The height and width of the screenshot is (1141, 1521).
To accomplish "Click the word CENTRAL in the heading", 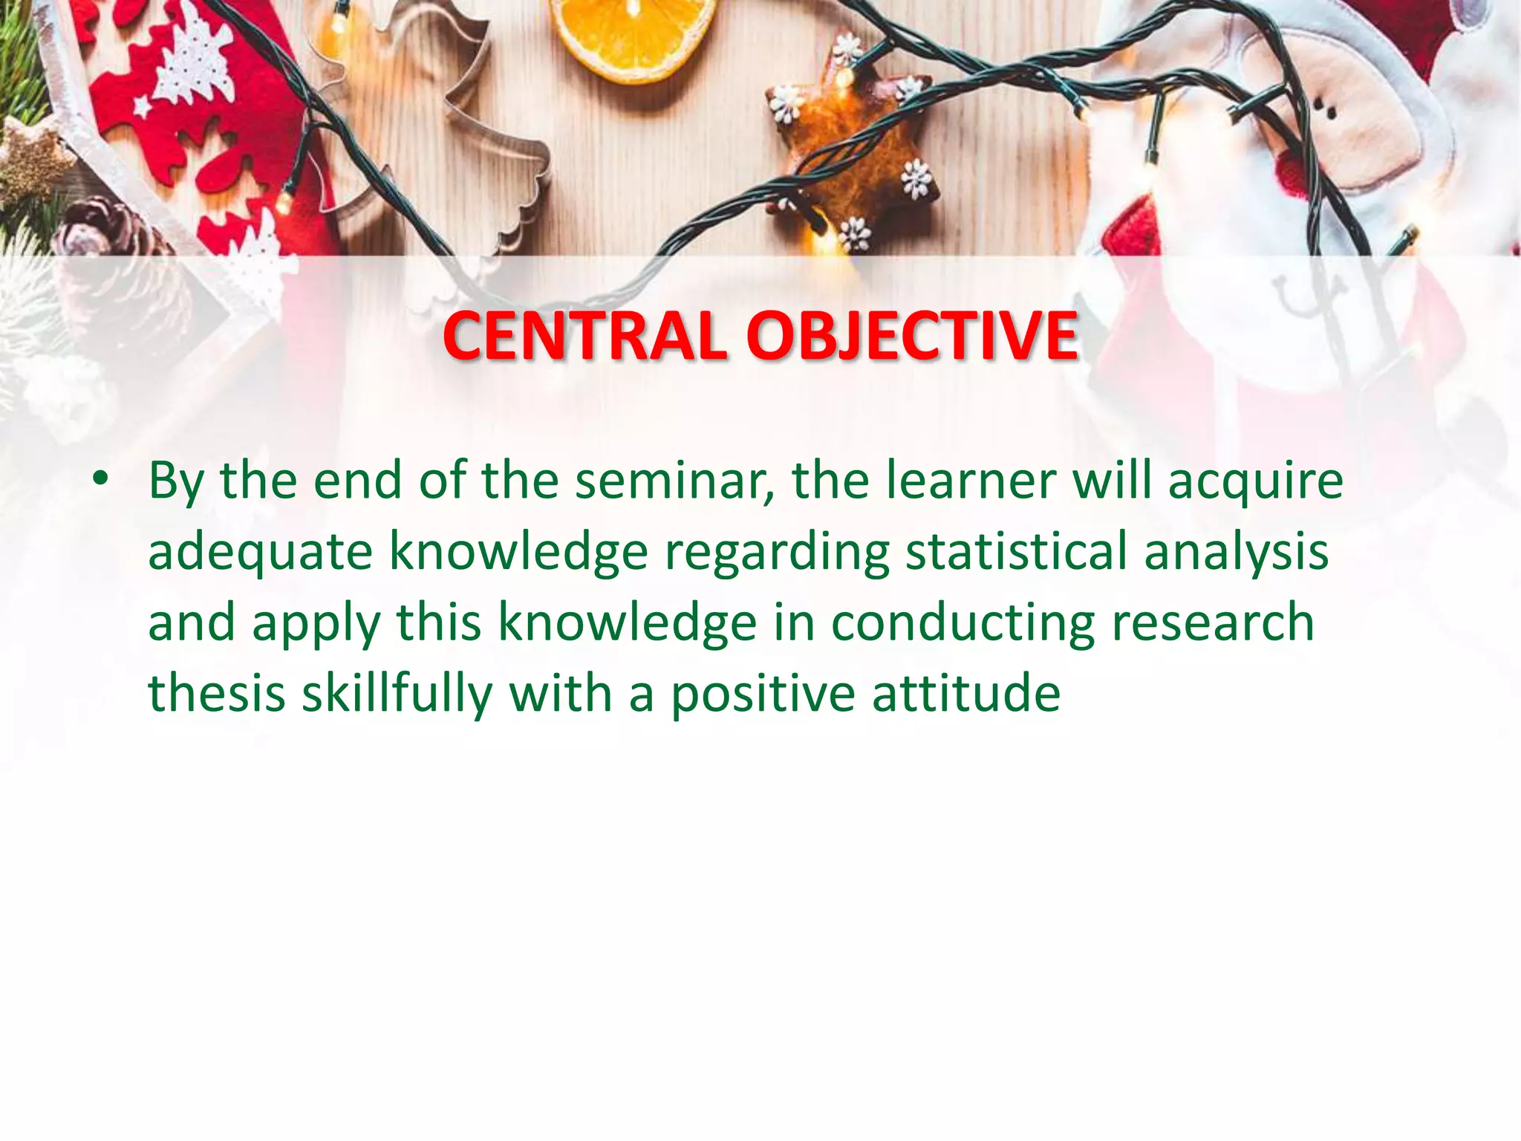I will [584, 337].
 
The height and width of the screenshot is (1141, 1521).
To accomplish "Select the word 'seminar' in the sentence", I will [672, 481].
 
